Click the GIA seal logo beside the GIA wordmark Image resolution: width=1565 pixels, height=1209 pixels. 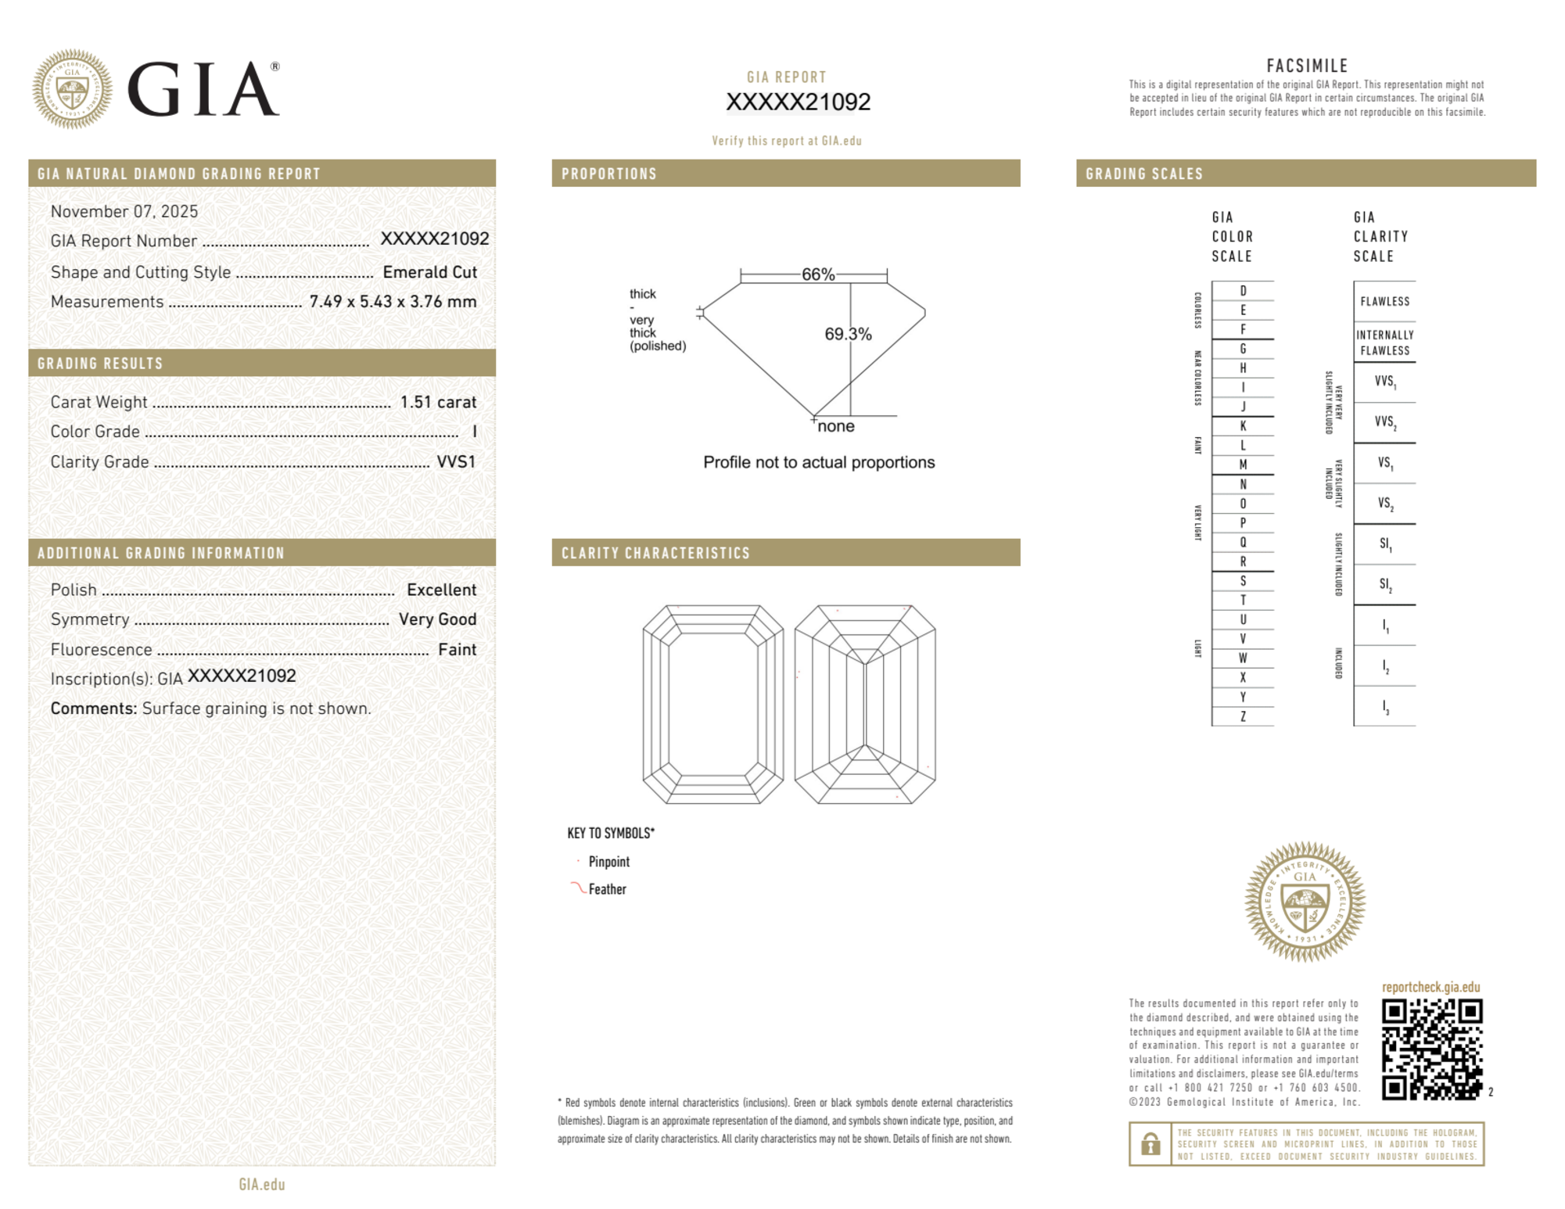[x=72, y=89]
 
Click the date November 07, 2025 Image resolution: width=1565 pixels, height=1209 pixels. [x=124, y=211]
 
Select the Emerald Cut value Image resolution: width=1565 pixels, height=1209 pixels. [x=429, y=272]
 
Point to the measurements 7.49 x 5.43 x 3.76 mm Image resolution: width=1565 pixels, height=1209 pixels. [x=393, y=302]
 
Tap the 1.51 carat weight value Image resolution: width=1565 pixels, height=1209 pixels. [x=438, y=402]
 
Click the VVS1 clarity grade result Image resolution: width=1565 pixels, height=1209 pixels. [x=456, y=462]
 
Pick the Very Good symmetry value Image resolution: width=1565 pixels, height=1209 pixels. [x=437, y=619]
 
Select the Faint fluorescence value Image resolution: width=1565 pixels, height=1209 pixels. [x=457, y=650]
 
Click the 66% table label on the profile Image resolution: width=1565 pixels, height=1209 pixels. [x=818, y=274]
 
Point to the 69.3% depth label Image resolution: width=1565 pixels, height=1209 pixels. [x=848, y=334]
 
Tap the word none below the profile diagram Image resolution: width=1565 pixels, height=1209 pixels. [x=836, y=426]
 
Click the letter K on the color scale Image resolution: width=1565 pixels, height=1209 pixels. [x=1243, y=426]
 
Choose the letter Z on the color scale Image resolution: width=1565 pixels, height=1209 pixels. [x=1243, y=716]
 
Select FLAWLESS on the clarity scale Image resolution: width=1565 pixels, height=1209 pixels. [x=1384, y=302]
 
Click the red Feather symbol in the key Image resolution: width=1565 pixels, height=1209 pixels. [x=578, y=888]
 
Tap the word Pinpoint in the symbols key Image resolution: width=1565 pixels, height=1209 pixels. [x=608, y=862]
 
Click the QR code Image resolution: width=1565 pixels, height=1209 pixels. [x=1432, y=1049]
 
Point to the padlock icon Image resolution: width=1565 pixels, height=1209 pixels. [x=1150, y=1144]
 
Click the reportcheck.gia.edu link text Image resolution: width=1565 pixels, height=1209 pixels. [x=1430, y=987]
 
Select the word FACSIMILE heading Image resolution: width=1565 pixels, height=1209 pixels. [x=1307, y=66]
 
